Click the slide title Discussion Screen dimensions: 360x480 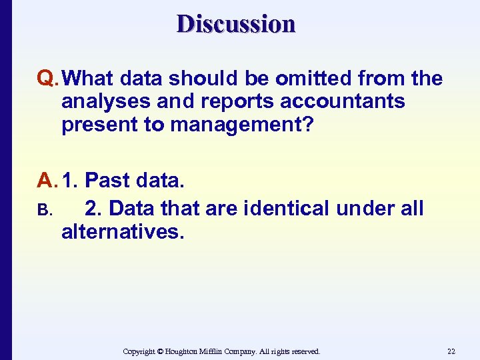(x=236, y=24)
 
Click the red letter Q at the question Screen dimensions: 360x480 (x=47, y=79)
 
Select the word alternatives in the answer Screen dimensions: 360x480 (x=121, y=232)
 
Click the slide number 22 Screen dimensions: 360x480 (x=451, y=351)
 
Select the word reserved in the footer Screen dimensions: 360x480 (x=304, y=351)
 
